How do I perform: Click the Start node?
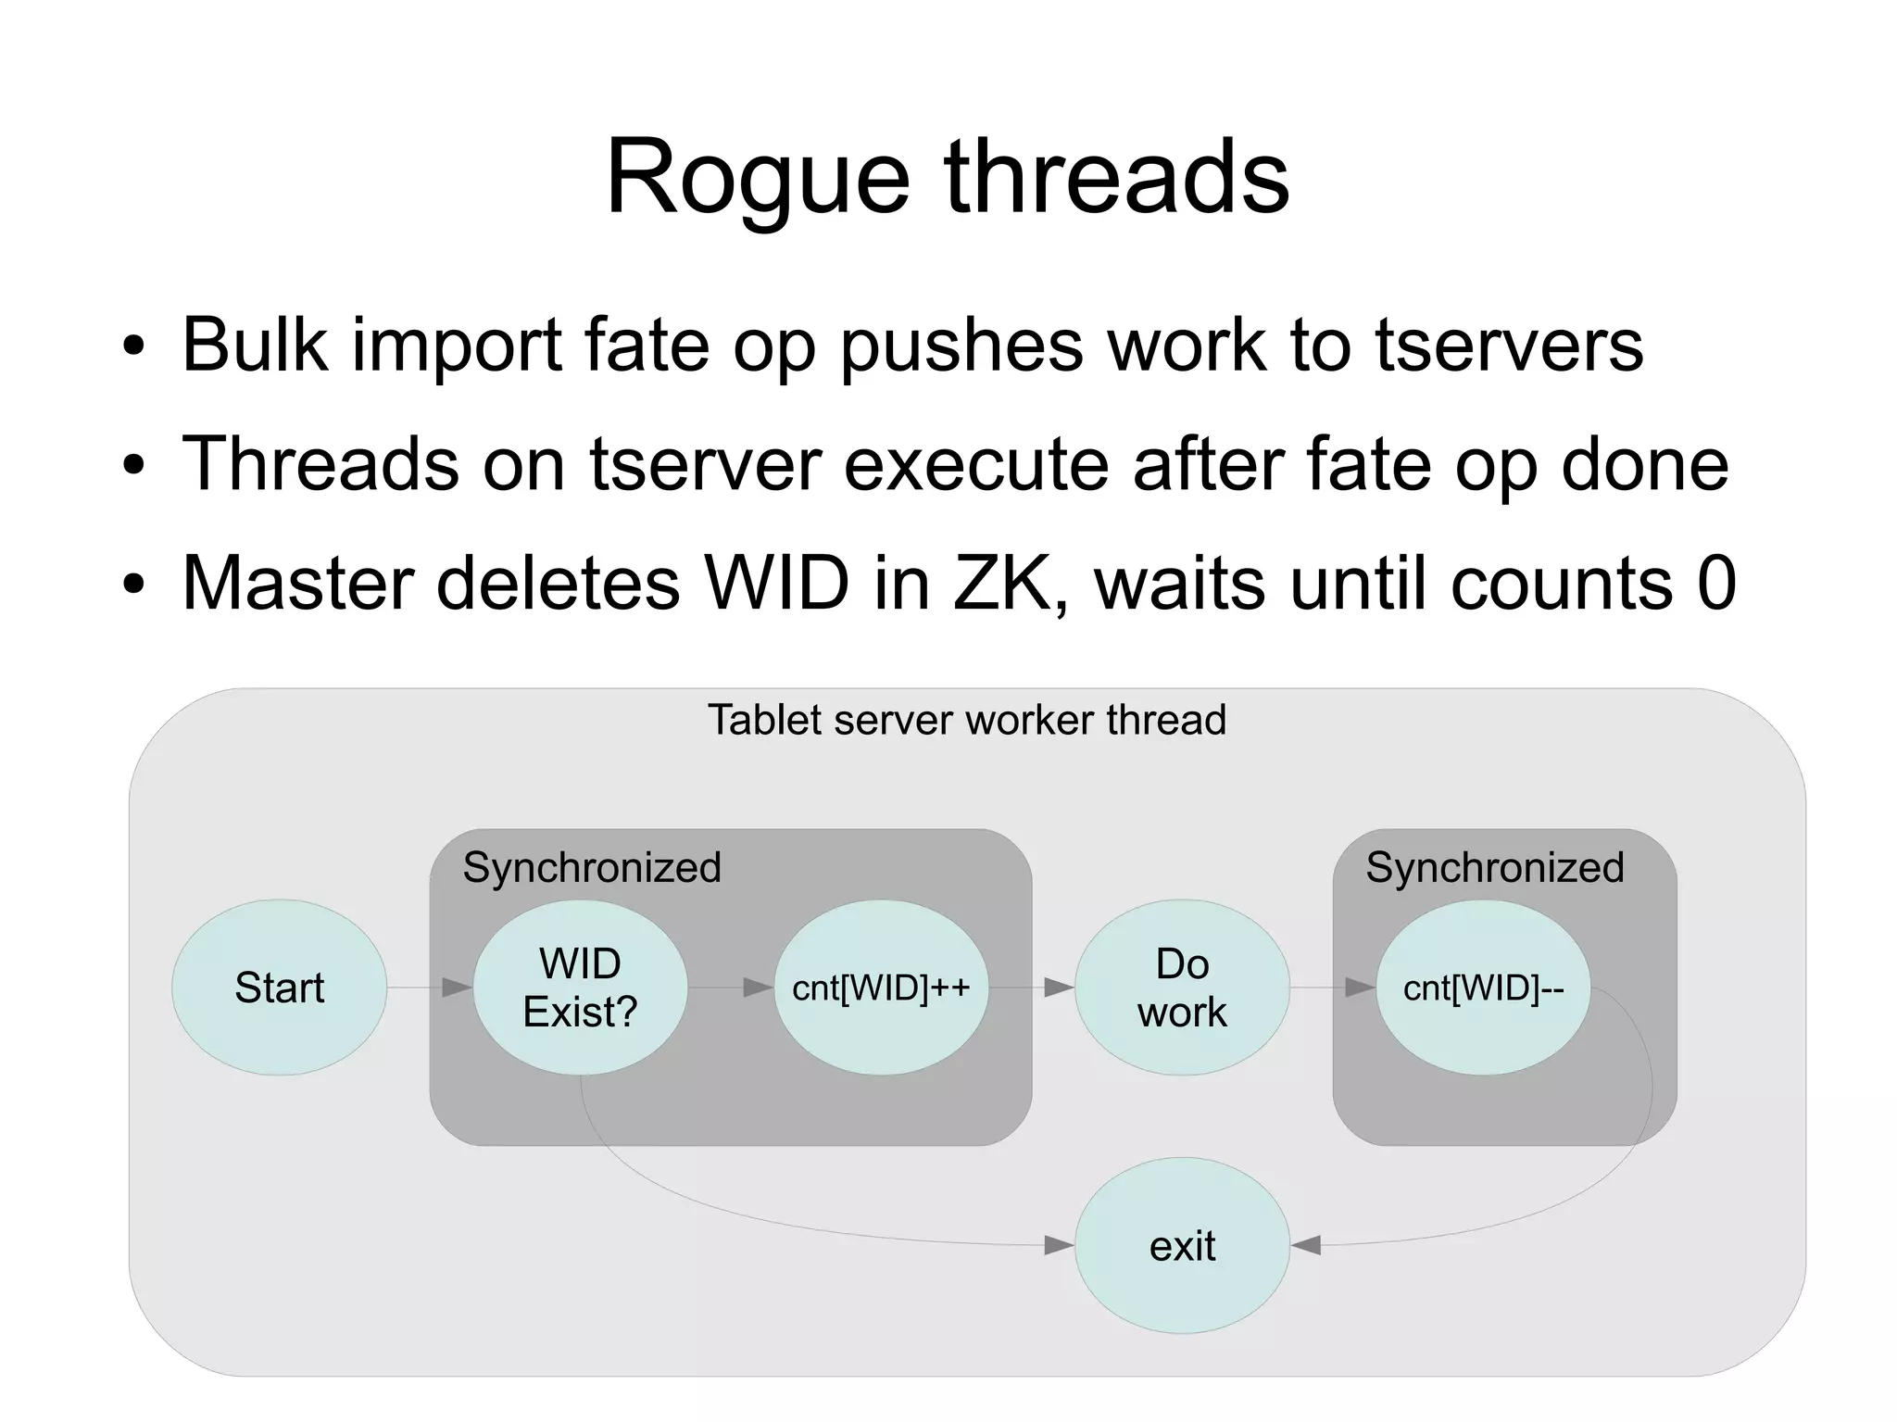[x=279, y=988]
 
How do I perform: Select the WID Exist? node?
[x=580, y=988]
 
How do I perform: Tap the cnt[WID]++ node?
[x=881, y=988]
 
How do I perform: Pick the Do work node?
[x=1182, y=988]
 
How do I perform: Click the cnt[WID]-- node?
[x=1483, y=988]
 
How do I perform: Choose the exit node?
[x=1182, y=1246]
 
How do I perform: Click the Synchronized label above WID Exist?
[x=591, y=868]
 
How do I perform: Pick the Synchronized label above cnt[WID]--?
[x=1494, y=868]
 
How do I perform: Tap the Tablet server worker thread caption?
[x=966, y=720]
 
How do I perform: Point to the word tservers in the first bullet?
[x=1509, y=345]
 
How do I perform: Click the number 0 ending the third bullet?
[x=1716, y=583]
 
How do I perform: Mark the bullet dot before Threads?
[x=134, y=465]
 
